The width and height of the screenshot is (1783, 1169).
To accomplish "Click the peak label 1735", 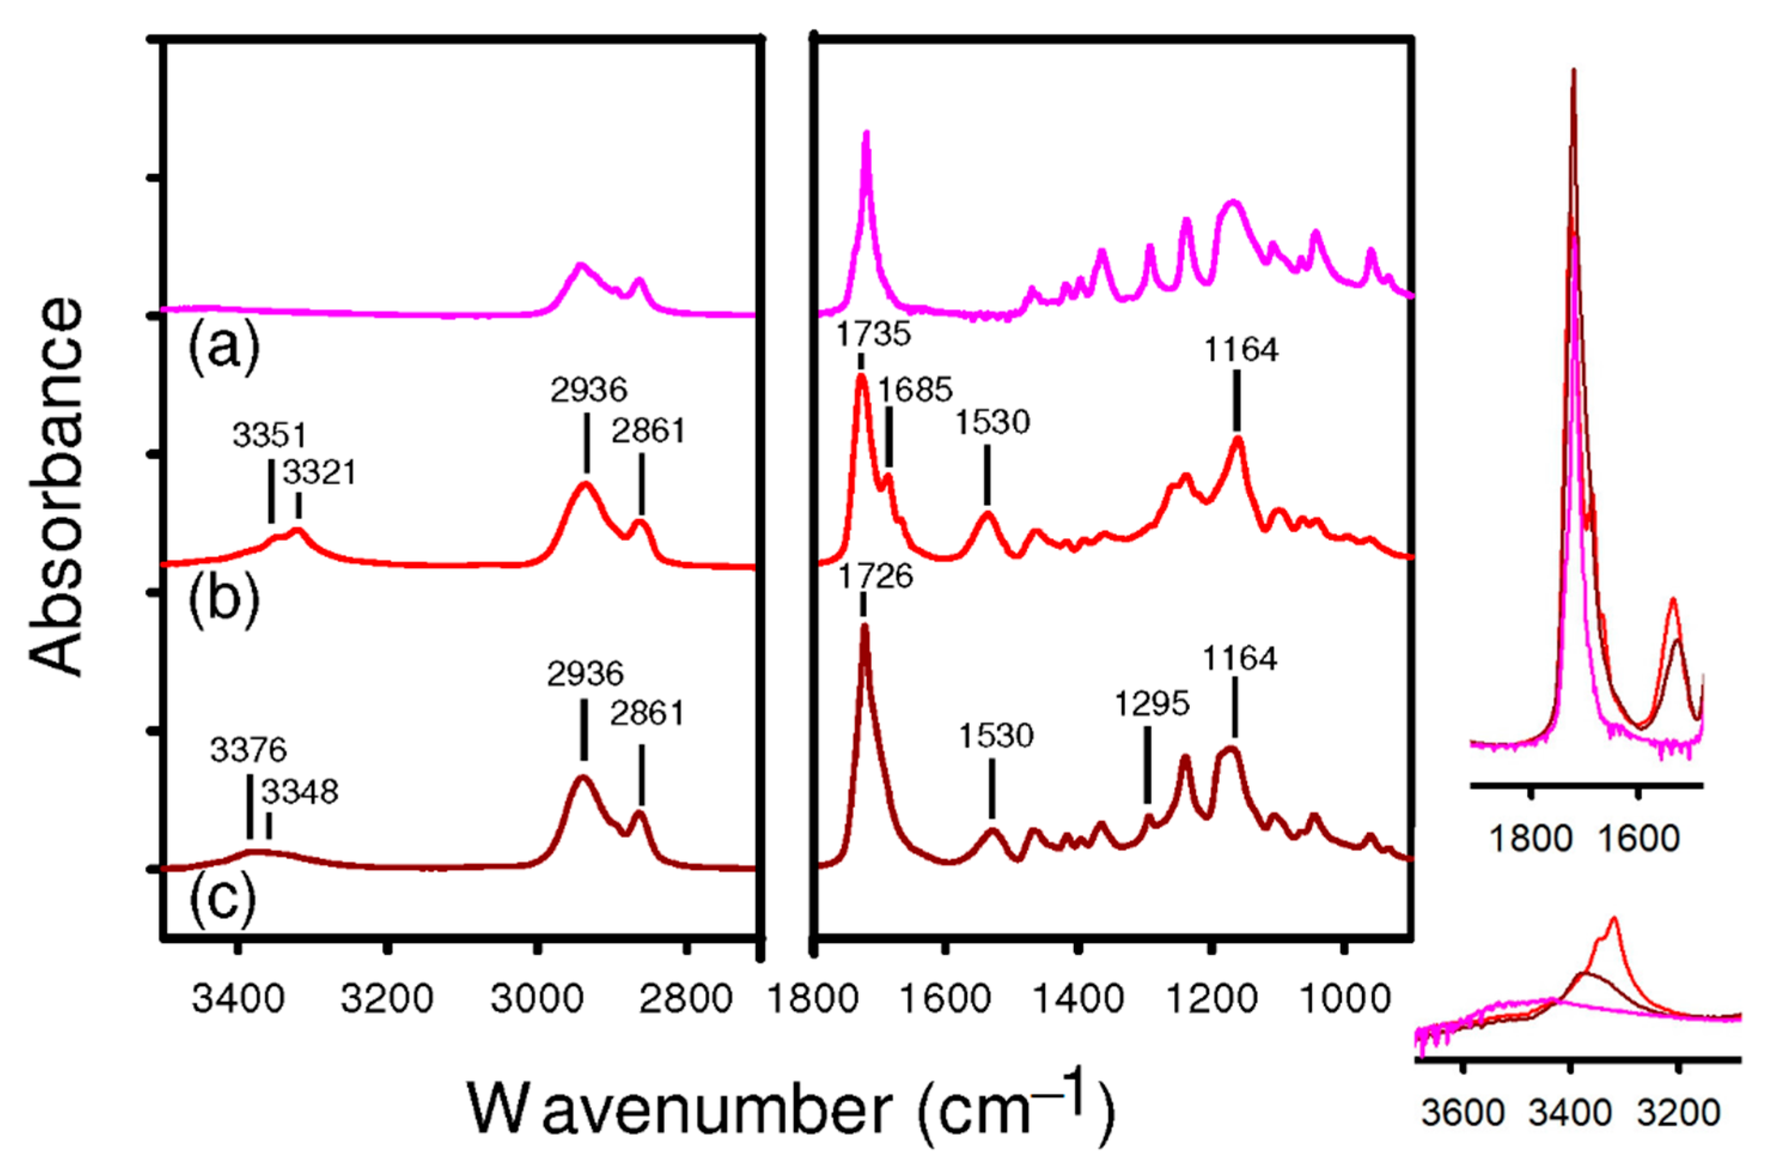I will click(874, 334).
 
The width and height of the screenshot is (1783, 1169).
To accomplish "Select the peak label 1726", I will click(876, 576).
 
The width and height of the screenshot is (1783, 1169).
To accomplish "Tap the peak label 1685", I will click(915, 390).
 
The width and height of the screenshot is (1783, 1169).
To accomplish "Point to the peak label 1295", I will click(1152, 704).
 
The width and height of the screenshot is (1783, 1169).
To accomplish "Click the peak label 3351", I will click(270, 435).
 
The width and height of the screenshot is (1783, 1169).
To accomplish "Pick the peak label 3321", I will click(319, 473).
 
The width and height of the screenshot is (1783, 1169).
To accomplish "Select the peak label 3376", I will click(249, 750).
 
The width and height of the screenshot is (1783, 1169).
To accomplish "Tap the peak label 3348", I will click(300, 792).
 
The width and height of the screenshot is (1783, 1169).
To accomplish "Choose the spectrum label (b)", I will click(223, 600).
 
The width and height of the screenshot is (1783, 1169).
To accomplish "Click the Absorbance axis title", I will click(56, 487).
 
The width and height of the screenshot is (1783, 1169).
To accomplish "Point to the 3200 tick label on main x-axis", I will click(387, 1000).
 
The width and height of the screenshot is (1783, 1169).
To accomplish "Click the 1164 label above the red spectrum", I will click(1241, 350).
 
